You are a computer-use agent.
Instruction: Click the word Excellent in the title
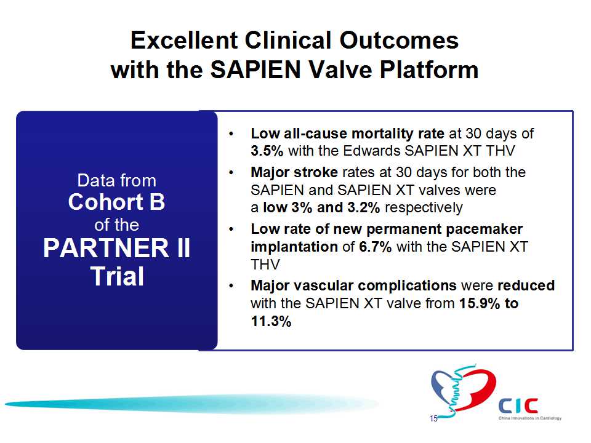pos(184,41)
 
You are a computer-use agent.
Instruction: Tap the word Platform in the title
pos(429,70)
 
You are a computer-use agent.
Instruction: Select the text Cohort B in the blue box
pos(117,202)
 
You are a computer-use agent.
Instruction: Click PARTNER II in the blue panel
pos(117,248)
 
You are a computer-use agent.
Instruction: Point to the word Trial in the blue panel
pos(117,276)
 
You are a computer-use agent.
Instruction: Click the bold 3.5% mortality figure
pos(267,151)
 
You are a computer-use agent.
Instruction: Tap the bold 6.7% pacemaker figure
pos(375,247)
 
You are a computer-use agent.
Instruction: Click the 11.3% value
pos(271,321)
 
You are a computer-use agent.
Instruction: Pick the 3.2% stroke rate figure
pos(363,207)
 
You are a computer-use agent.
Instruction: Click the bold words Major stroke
pos(294,172)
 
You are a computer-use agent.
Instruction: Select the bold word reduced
pos(526,285)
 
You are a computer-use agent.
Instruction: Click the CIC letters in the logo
pos(518,405)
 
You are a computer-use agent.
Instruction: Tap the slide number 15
pos(433,418)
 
